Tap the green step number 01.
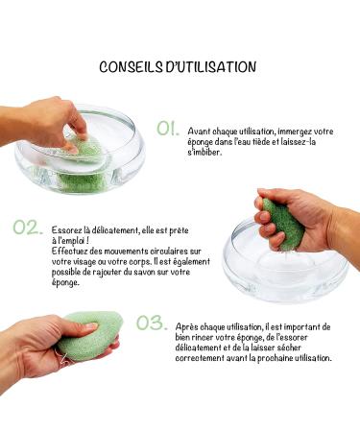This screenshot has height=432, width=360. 168,128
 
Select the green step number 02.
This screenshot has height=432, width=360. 28,228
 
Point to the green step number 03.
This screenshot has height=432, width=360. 151,324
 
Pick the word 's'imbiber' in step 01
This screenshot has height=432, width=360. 205,153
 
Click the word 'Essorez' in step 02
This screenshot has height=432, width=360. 66,230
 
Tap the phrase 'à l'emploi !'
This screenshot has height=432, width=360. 71,241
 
